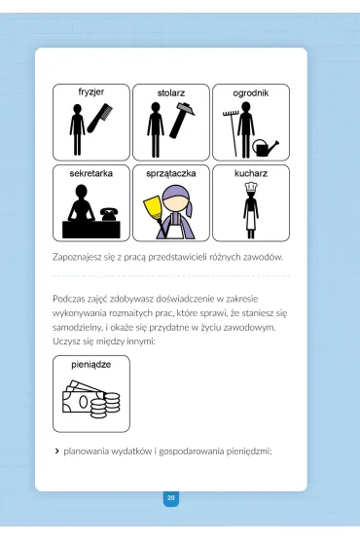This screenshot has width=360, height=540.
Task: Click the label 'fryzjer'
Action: coord(91,92)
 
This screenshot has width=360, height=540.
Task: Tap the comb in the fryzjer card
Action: coord(100,119)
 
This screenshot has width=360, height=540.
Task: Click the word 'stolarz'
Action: coord(171,93)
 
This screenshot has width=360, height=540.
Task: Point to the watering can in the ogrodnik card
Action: coord(266,147)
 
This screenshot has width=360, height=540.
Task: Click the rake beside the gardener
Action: coord(231,133)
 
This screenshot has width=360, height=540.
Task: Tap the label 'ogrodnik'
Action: coord(251,93)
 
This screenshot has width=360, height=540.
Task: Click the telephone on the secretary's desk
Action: coord(109,214)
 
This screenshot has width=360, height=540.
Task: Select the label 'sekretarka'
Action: coord(91,173)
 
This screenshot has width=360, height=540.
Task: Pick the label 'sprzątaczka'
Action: coord(171,173)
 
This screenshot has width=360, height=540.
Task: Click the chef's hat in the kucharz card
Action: coord(250,187)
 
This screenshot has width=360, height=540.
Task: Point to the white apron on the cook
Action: coord(251,220)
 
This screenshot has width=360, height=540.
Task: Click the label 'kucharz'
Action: coord(251,173)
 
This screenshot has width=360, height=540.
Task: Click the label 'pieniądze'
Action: coord(91,365)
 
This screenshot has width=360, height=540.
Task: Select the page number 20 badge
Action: coord(171,498)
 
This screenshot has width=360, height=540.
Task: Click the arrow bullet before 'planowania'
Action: coord(56,451)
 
